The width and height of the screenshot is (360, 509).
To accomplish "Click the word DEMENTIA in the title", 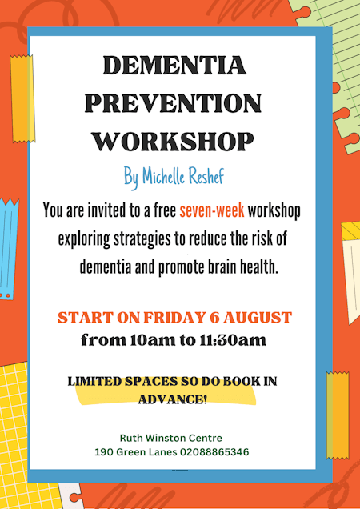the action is coord(174,66).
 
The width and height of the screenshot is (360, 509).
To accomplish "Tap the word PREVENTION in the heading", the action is coord(173,103).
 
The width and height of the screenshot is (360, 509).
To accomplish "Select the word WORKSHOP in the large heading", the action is coord(173,141).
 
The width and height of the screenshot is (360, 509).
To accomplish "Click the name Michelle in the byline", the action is coord(166,177).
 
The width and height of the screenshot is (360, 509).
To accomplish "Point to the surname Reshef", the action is coord(208,177).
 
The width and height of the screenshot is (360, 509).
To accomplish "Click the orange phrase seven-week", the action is coord(212,210).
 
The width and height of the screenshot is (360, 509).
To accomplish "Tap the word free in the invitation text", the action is coord(165,210).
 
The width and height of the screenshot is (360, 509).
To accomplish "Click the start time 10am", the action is coord(148,340).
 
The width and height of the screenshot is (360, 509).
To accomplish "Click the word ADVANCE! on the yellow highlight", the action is coord(172,399).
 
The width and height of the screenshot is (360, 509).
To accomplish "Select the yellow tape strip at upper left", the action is coord(22,98).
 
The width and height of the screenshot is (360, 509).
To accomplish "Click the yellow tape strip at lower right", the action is coord(338,415).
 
